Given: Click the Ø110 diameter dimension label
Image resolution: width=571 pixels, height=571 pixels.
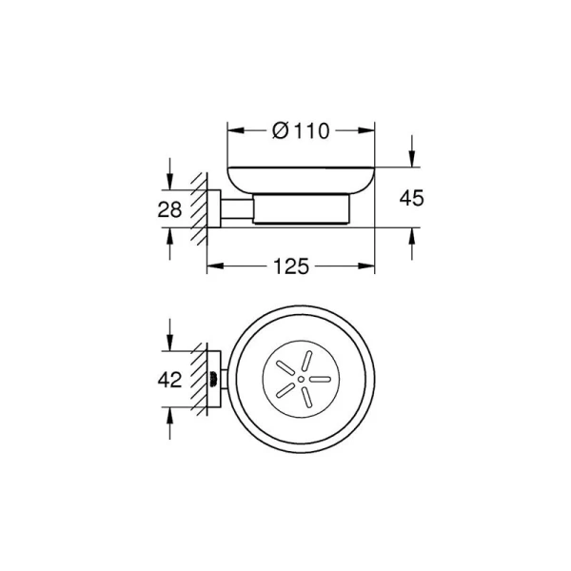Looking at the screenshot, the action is [x=301, y=131].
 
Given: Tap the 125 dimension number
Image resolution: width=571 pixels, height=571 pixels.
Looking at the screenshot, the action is [x=291, y=266].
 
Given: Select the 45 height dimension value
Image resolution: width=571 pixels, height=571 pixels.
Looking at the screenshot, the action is [x=412, y=198].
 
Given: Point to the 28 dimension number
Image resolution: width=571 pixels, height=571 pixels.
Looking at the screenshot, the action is [x=169, y=209].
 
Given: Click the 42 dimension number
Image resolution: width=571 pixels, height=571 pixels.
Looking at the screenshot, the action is [x=169, y=380].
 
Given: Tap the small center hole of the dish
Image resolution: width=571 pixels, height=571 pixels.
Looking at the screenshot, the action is [x=301, y=379].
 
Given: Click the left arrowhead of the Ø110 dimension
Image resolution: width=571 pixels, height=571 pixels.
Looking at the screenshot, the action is [x=236, y=130].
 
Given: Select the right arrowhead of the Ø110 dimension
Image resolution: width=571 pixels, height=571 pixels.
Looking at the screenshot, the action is [x=366, y=130].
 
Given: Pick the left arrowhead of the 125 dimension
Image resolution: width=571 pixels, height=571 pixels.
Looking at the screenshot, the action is [x=215, y=266].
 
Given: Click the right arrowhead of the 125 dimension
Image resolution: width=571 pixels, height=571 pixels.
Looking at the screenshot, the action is [x=366, y=266].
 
